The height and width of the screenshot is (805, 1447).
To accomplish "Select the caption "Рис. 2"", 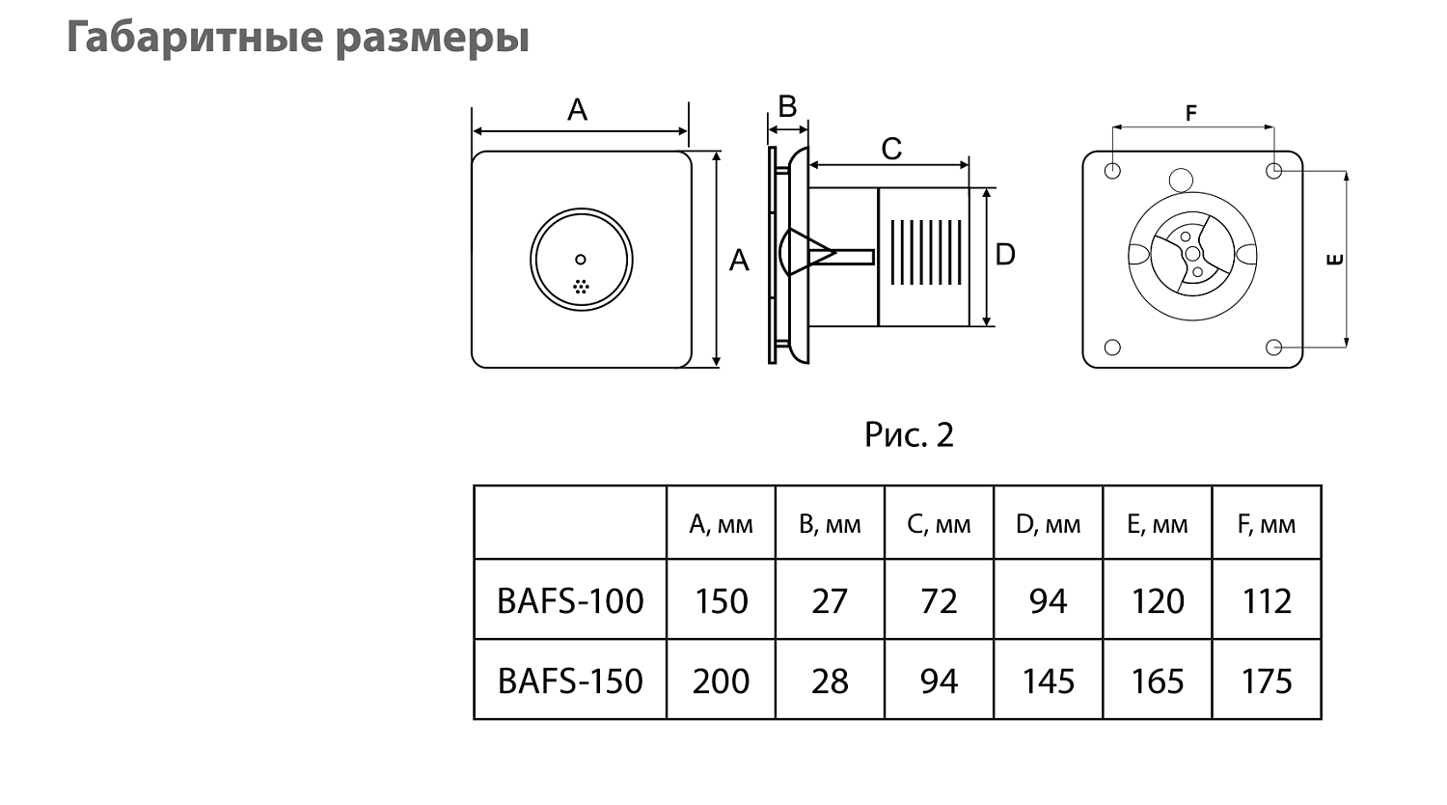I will click(909, 435).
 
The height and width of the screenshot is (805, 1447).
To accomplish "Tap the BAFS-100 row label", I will click(569, 600).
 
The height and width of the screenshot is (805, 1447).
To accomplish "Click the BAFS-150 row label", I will click(569, 680).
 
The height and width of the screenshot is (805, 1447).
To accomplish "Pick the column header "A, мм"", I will click(721, 524).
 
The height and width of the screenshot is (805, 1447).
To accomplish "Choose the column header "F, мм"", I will click(1266, 524).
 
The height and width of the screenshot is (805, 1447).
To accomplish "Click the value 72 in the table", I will click(939, 600).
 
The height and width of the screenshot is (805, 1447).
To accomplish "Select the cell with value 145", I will click(1048, 680).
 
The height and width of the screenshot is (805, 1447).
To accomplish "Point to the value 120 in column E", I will click(1157, 600).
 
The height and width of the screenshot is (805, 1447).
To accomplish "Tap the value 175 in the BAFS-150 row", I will click(1266, 680).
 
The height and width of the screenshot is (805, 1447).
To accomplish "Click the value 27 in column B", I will click(830, 600).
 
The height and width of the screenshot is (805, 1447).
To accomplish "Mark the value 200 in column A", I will click(721, 680).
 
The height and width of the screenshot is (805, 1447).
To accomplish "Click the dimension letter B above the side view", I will click(787, 106).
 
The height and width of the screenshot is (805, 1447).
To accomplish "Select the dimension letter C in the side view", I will click(890, 149).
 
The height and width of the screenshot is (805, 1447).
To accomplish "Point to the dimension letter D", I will click(1005, 255).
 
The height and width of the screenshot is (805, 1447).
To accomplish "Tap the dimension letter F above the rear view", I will click(1190, 114).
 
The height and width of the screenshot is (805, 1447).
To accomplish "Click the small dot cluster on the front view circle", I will click(581, 287).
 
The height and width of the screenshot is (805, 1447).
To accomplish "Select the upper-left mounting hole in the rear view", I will click(1112, 171).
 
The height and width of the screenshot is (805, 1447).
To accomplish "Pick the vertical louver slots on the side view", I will click(924, 253).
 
